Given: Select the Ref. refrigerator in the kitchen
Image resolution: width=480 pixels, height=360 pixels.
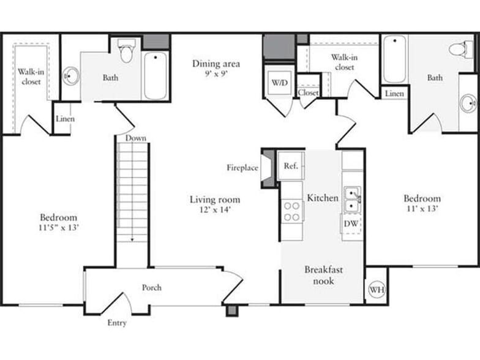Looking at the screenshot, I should point(291,165).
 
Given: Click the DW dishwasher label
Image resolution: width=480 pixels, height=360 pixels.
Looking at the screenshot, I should point(351,223).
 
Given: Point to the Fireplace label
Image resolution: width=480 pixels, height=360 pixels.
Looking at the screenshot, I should point(242,167).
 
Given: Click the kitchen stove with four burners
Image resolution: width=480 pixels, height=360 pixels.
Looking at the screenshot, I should point(292,211).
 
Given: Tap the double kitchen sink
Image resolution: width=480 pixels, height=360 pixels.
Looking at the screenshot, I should point(351,200).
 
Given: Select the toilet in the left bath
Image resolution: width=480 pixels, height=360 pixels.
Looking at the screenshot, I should point(127,51).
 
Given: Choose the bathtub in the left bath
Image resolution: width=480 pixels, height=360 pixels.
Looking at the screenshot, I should point(156,75).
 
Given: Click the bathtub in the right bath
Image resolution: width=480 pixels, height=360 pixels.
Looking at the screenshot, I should point(395,60).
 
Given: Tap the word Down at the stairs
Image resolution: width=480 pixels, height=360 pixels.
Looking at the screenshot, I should point(136,138).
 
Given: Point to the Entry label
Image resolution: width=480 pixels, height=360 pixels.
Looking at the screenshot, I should point(117,323).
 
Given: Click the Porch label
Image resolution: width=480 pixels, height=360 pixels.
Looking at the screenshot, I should point(152,287).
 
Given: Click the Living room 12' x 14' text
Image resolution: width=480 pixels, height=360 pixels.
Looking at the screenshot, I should point(214,204).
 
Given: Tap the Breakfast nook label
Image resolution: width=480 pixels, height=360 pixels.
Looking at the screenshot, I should point(324,275).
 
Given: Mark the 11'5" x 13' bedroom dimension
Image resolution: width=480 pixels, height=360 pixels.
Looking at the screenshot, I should point(58,228).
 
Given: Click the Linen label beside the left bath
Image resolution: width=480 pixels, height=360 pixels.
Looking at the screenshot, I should point(65,119).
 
